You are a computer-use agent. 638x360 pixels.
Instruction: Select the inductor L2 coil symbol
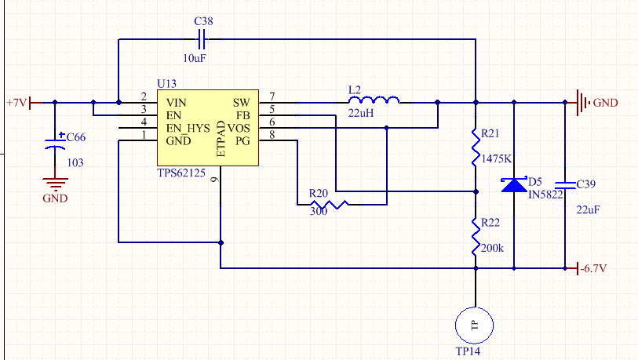374,100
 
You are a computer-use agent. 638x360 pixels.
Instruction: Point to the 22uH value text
359,113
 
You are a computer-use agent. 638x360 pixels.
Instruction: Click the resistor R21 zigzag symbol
475,147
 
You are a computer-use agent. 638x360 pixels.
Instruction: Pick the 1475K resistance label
497,158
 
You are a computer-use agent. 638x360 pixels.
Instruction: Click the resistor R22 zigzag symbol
475,235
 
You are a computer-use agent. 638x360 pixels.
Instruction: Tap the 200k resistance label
492,247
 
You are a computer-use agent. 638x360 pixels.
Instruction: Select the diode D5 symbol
514,185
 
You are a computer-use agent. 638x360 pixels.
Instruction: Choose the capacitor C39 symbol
565,186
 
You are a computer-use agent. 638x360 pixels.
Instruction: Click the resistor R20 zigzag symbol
328,205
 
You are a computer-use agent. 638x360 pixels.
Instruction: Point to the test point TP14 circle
475,325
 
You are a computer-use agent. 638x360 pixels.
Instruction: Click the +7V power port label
16,102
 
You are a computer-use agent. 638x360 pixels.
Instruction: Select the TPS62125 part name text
181,173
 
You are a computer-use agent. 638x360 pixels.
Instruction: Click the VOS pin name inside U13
240,127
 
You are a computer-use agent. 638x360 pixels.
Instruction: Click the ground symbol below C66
55,185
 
